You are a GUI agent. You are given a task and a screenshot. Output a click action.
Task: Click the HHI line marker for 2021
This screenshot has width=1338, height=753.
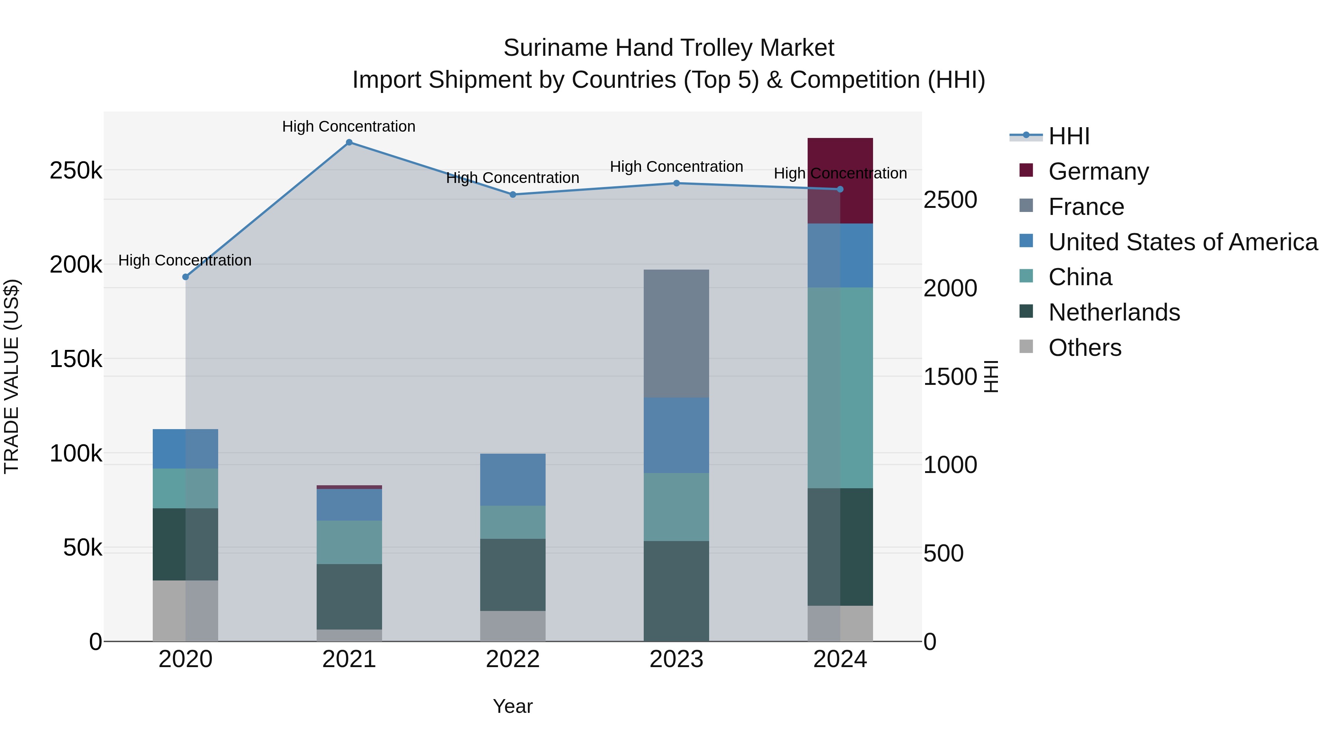(349, 142)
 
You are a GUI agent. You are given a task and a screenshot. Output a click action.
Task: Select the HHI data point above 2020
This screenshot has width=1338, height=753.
(185, 277)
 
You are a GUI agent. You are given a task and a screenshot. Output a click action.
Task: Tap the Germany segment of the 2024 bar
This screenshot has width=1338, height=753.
(840, 180)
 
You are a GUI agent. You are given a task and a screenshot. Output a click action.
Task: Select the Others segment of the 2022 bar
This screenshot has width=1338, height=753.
(512, 626)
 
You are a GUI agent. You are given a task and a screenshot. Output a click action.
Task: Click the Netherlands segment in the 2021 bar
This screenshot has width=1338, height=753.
(349, 596)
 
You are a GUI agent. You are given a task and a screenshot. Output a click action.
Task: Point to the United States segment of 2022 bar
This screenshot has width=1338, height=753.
(512, 479)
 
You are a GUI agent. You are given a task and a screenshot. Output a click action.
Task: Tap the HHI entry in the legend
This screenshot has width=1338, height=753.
(1069, 136)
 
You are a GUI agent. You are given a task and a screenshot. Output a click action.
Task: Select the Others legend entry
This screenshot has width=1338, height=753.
(1085, 348)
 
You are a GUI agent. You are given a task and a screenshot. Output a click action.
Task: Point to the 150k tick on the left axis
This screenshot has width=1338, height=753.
(76, 358)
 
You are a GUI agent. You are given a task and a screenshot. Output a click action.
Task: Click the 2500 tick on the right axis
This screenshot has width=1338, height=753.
(950, 200)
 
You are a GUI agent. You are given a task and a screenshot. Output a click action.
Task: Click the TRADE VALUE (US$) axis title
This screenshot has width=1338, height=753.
(12, 376)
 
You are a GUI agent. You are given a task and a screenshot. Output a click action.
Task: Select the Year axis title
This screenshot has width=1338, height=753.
(512, 706)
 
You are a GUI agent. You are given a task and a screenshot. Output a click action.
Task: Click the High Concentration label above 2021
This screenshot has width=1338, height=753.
(349, 126)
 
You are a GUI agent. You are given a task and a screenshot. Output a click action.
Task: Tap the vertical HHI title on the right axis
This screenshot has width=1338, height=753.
(990, 376)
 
